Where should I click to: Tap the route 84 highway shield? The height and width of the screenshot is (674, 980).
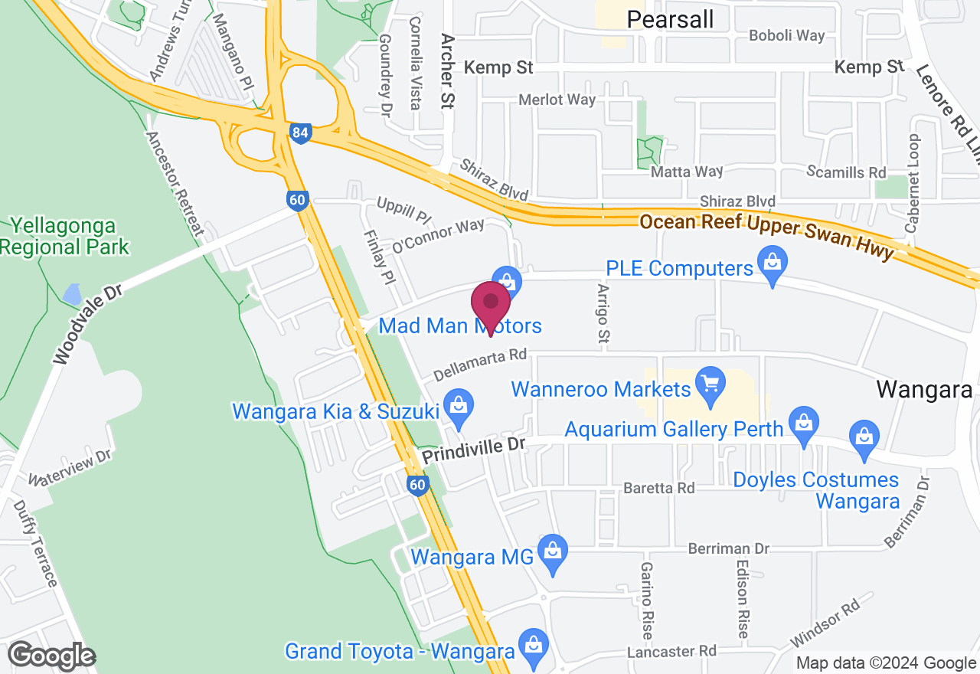pos(300,133)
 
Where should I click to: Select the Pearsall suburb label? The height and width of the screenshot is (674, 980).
pos(670,19)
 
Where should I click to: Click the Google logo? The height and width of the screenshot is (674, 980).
pos(52,656)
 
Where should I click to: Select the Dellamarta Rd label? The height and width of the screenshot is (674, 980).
pos(480,365)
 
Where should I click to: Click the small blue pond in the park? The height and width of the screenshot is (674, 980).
pos(72,293)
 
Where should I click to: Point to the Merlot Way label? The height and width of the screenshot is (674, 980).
pos(557,100)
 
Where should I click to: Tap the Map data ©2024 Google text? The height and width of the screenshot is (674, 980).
pos(886,663)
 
